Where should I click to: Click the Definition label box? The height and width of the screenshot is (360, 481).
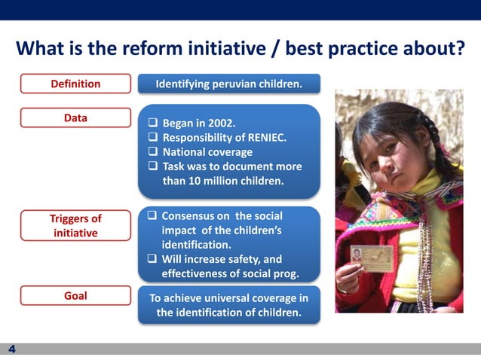click(x=75, y=84)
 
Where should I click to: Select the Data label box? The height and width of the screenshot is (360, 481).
click(x=75, y=118)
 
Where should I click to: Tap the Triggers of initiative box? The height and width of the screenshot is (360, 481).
click(x=75, y=226)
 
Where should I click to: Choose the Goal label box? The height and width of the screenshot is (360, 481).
click(x=75, y=296)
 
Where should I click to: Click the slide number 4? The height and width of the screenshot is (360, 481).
click(x=12, y=349)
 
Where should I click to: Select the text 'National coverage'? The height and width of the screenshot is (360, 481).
click(x=207, y=152)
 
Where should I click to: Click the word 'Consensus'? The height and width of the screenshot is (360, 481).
click(x=190, y=217)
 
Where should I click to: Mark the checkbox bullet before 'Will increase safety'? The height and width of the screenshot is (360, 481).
click(x=152, y=260)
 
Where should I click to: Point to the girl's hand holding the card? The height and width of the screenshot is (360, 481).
click(x=348, y=275)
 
